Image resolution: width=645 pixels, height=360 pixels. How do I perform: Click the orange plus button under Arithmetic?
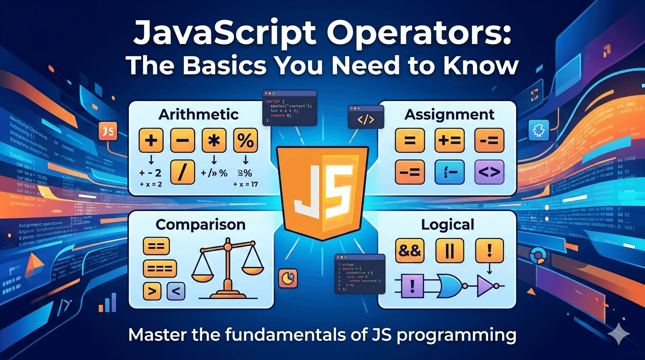[151, 140]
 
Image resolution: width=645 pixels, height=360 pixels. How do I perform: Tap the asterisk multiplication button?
[214, 140]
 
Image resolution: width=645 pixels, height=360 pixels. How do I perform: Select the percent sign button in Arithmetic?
[245, 140]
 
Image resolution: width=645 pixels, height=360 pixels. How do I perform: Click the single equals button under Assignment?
[409, 140]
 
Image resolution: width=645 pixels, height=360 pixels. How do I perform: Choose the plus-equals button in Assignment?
[449, 140]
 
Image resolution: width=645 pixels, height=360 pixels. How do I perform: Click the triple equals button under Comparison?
[159, 269]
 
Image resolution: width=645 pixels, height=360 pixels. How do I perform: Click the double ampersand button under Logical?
[409, 251]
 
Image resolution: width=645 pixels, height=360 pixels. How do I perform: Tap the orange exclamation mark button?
[489, 251]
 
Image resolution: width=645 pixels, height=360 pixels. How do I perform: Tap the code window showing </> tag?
[366, 117]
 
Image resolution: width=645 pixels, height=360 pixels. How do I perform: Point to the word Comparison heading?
[200, 225]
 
